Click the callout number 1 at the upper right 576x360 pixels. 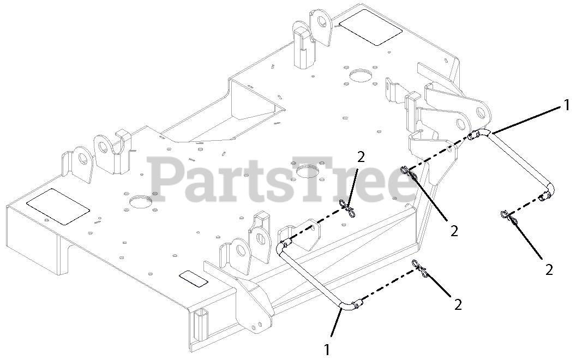click(x=567, y=103)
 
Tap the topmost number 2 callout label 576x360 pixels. click(x=361, y=157)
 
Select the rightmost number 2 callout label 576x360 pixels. click(x=549, y=269)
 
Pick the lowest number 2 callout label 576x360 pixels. click(x=458, y=304)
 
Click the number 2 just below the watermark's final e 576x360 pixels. click(x=454, y=231)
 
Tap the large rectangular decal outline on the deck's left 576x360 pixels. click(x=58, y=207)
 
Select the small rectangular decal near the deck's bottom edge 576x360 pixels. click(x=193, y=278)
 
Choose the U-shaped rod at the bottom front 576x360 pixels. click(x=311, y=278)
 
